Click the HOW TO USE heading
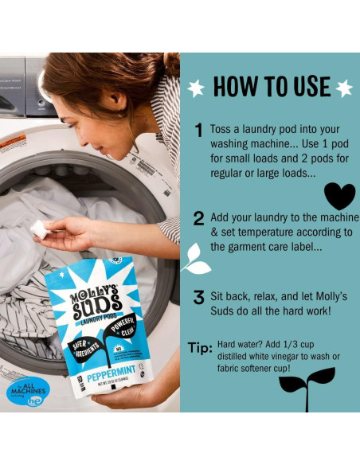click(x=270, y=86)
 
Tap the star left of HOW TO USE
click(x=196, y=88)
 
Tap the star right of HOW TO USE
click(x=343, y=88)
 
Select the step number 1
click(x=199, y=131)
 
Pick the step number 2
click(x=199, y=219)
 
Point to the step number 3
click(x=199, y=298)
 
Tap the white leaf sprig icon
click(x=194, y=260)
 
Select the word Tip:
click(x=200, y=348)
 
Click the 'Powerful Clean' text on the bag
click(x=123, y=326)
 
